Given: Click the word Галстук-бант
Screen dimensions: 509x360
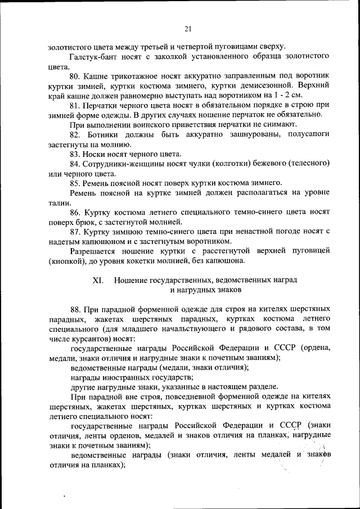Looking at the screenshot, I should pos(94,57).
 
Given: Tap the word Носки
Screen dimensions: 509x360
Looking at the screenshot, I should pos(96,154).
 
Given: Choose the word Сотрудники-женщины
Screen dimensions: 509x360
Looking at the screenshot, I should pos(125,164).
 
